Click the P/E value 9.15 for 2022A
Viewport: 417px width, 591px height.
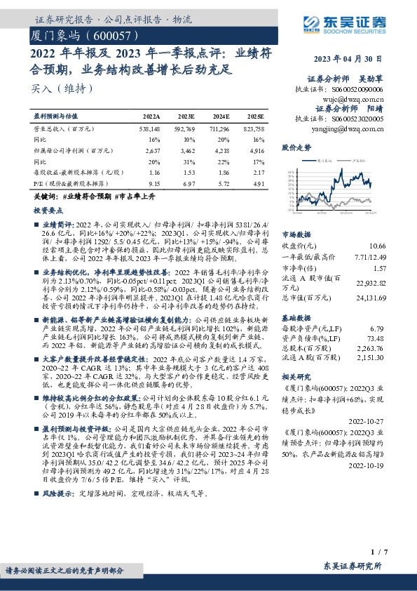coord(154,182)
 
